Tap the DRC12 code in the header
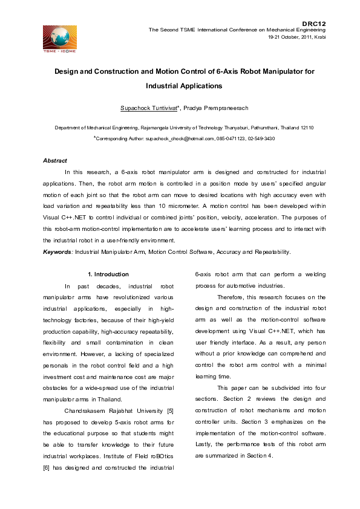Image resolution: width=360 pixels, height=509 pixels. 314,22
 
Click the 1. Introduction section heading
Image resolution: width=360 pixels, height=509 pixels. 108,274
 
